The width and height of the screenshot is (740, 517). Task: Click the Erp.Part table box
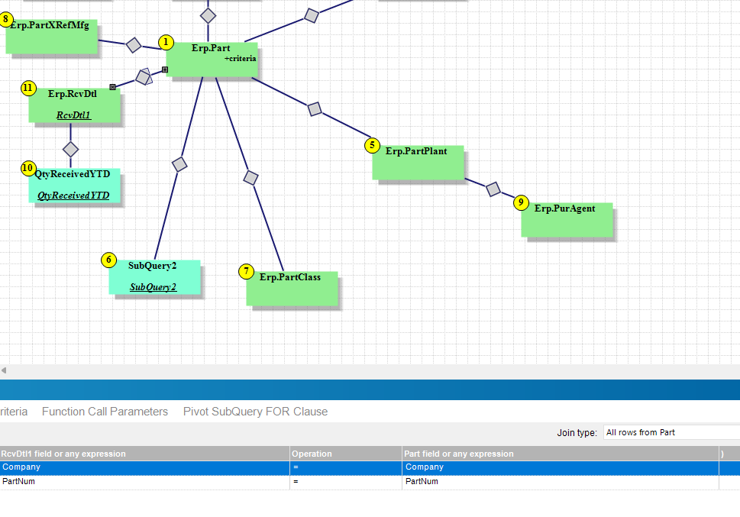[x=211, y=60]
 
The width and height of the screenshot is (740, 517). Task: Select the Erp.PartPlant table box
[x=417, y=161]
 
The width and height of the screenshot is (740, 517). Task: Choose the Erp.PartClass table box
[x=291, y=288]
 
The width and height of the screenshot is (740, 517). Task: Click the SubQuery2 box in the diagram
[x=153, y=276]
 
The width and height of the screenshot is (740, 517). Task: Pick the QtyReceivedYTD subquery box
[x=74, y=185]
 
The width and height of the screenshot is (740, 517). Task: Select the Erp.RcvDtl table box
[x=73, y=105]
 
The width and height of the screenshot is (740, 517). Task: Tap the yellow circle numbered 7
[x=246, y=271]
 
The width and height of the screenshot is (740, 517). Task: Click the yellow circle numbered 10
[x=28, y=168]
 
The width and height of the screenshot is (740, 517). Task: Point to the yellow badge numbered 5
[x=372, y=145]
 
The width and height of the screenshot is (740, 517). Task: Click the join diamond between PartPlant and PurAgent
[x=493, y=189]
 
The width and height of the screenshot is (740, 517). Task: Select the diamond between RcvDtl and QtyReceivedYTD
[x=70, y=149]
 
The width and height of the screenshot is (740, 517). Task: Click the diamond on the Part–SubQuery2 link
[x=179, y=163]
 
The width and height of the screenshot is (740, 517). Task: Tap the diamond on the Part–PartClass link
[x=250, y=178]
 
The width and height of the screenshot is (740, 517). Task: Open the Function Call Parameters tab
[x=105, y=412]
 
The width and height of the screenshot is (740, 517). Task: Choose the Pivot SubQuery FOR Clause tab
[x=255, y=412]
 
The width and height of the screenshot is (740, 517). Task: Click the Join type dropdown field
[x=671, y=432]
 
